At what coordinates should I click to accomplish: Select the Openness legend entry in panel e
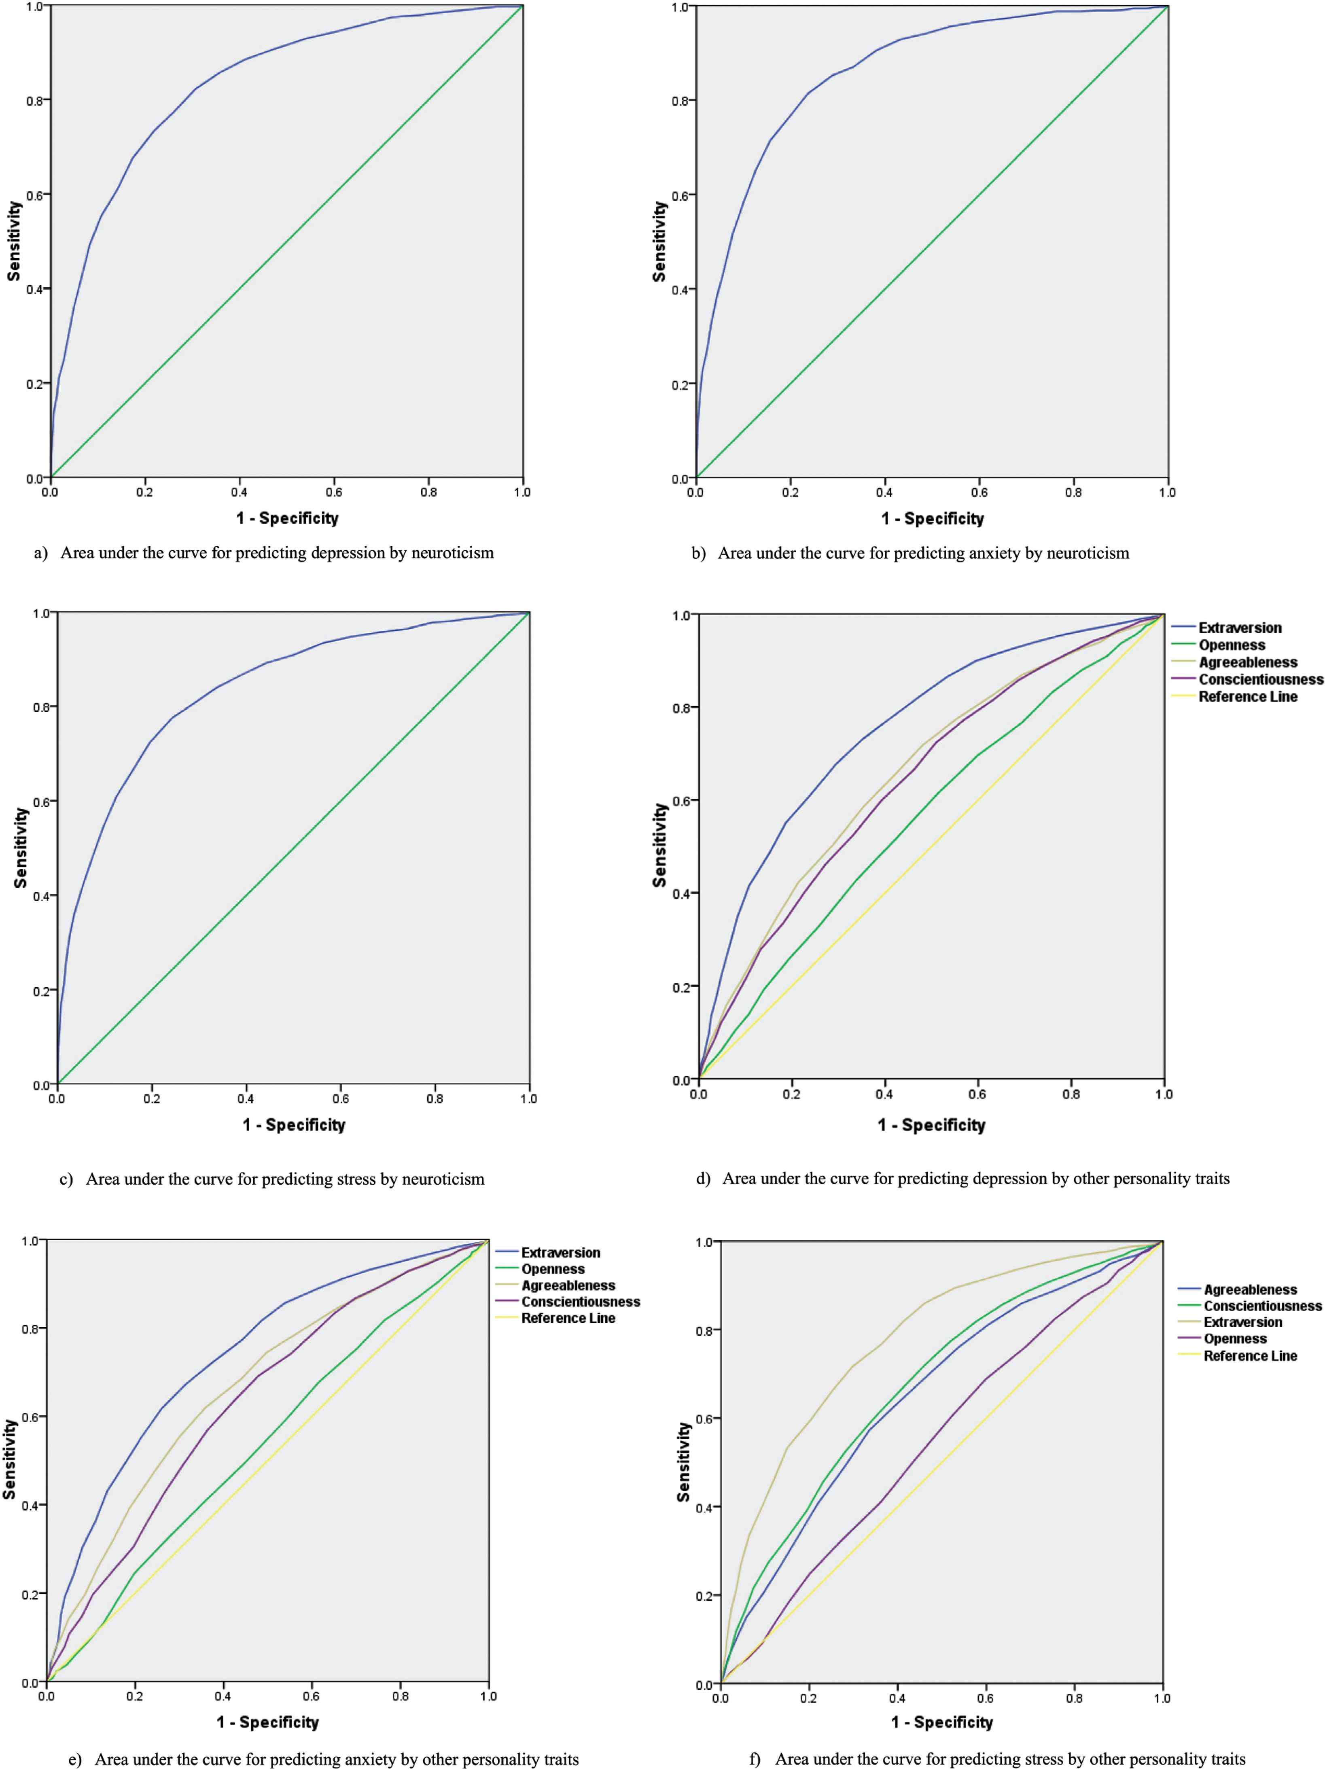[553, 1269]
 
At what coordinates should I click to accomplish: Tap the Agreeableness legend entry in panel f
[1250, 1289]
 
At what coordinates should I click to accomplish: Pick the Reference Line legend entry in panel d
[1247, 697]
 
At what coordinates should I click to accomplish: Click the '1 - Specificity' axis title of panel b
[933, 518]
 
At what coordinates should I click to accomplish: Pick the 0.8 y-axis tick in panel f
[703, 1330]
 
